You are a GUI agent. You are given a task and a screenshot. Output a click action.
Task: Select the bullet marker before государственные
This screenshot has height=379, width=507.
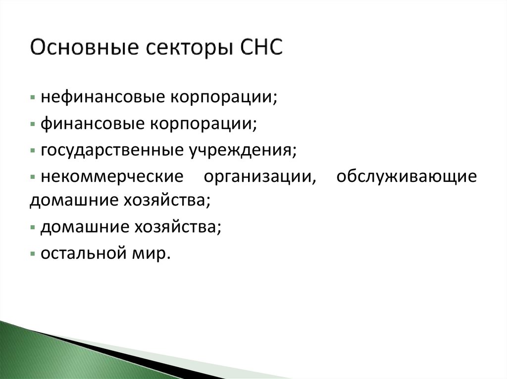32,149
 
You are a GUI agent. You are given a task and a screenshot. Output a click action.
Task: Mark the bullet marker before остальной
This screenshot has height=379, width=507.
32,253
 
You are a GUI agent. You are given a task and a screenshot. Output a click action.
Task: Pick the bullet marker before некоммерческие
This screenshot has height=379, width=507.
32,176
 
